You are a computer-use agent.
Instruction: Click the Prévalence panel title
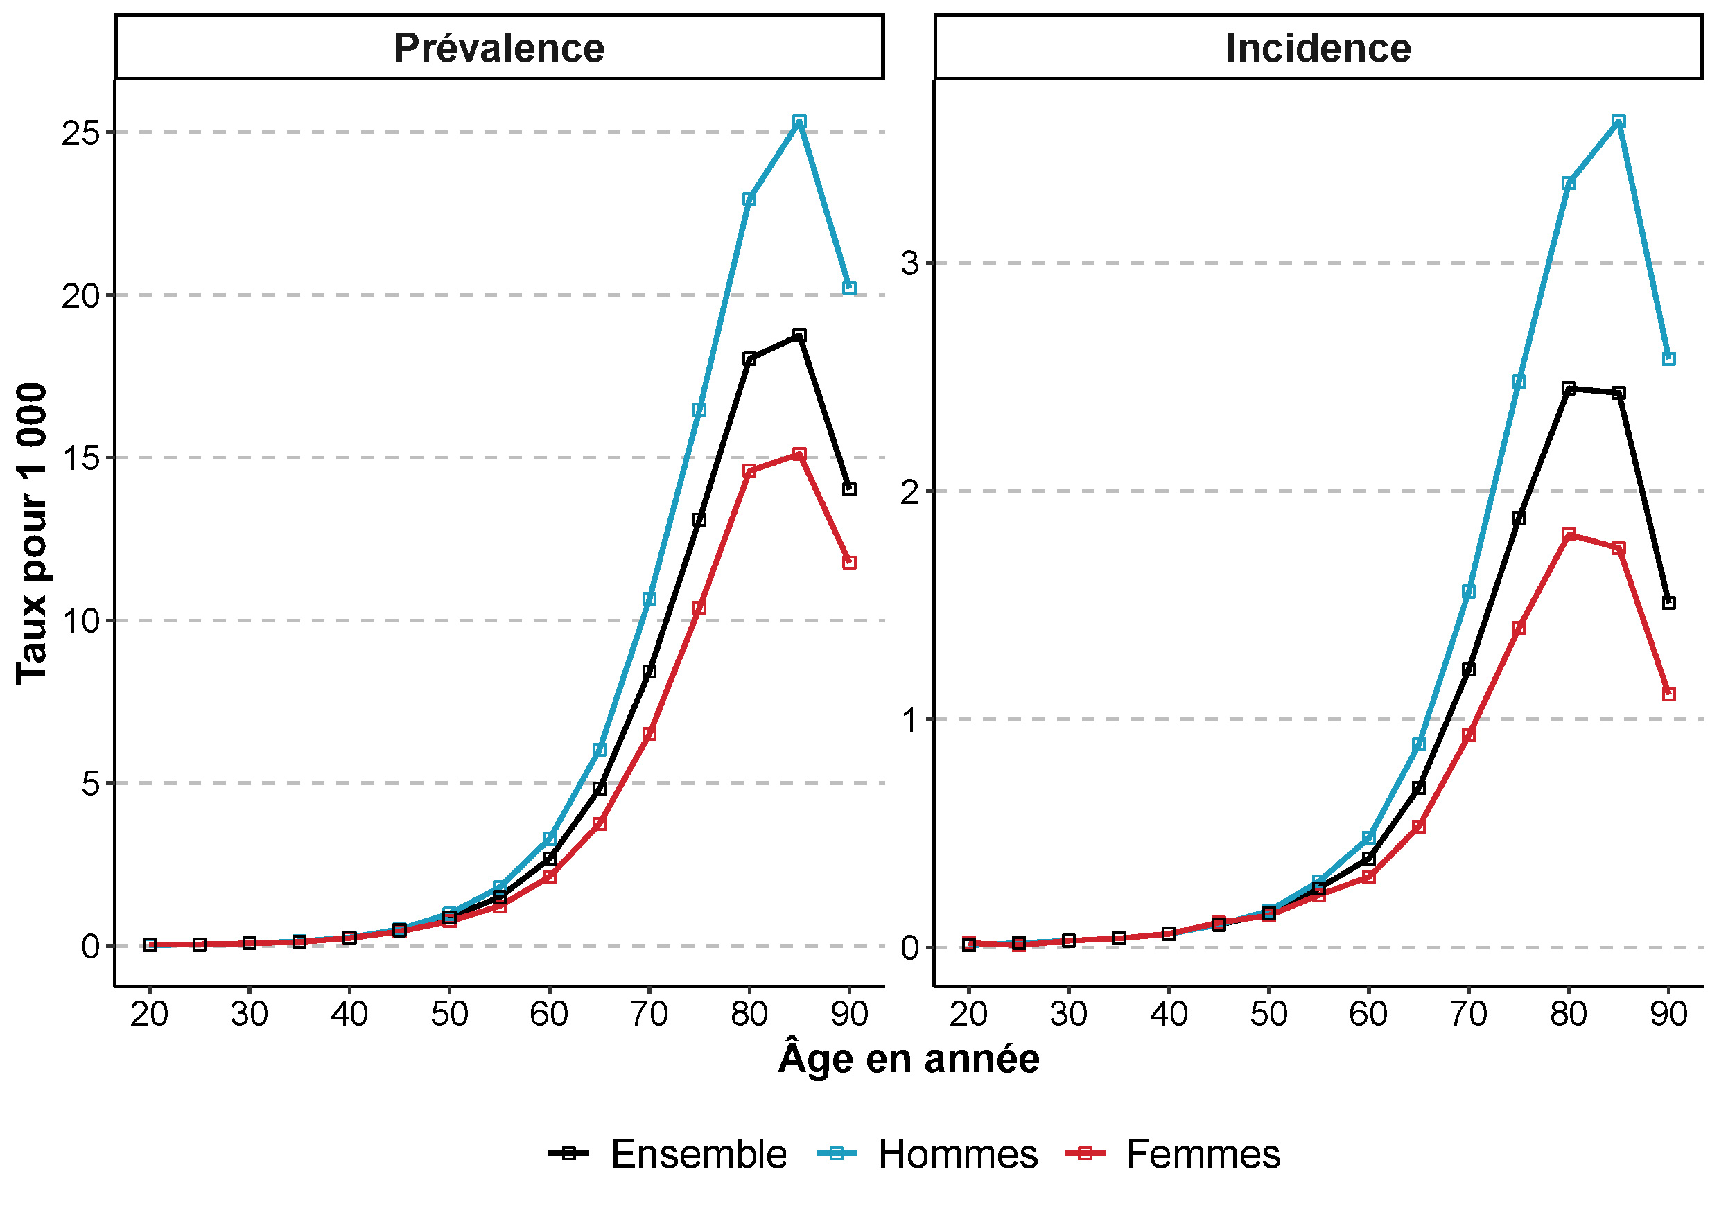[x=498, y=49]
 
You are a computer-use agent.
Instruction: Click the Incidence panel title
[x=1318, y=49]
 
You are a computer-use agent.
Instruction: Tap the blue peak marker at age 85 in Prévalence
[x=799, y=121]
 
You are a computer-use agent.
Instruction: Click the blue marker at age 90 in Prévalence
[x=849, y=288]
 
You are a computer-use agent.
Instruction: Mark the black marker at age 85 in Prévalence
[x=799, y=335]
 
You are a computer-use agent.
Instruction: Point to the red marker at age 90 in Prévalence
[x=849, y=562]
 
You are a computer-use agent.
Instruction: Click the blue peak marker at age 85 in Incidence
[x=1618, y=121]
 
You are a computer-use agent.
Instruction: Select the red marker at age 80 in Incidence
[x=1569, y=534]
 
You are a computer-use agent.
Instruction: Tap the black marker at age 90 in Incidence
[x=1669, y=603]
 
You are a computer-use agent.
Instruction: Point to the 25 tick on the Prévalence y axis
[x=81, y=133]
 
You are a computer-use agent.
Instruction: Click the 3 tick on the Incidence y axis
[x=909, y=263]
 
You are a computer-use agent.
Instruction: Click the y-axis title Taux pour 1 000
[x=31, y=533]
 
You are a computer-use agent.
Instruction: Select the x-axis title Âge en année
[x=908, y=1059]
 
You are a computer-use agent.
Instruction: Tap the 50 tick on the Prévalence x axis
[x=449, y=1015]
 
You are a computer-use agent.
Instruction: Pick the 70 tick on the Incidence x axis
[x=1468, y=1015]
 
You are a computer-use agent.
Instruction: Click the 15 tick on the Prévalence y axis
[x=81, y=458]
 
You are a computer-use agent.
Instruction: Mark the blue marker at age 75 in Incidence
[x=1519, y=382]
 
